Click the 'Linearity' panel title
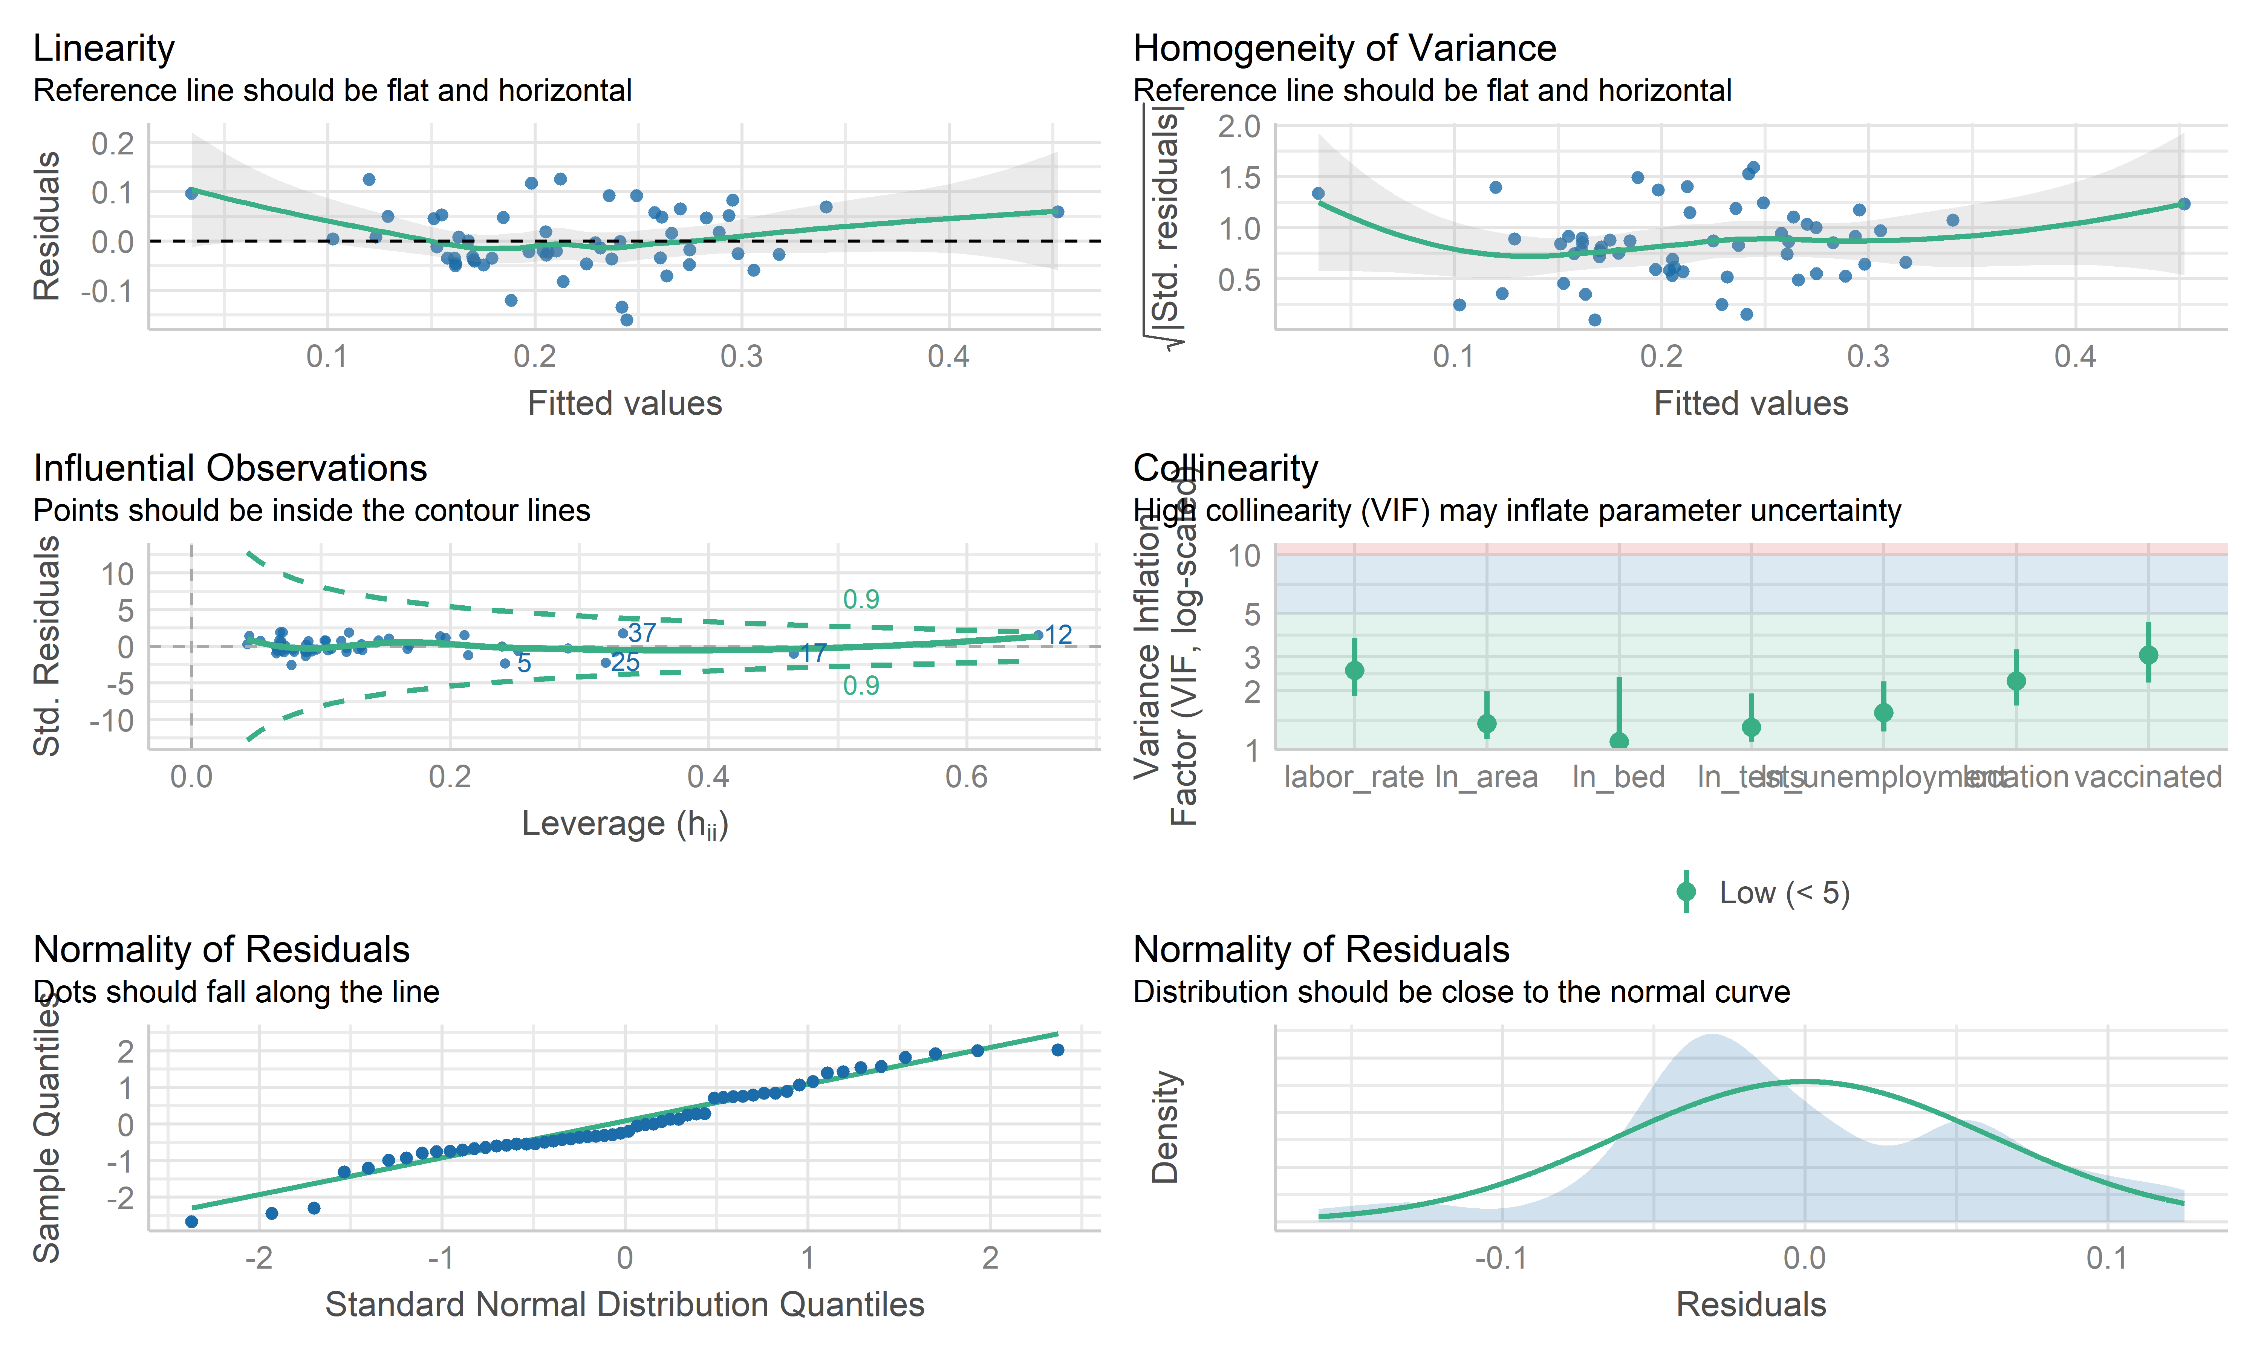pos(103,49)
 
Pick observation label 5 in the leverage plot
pos(524,663)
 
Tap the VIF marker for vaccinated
pos(2149,655)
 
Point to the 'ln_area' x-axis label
pos(1486,777)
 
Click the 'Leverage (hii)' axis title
pos(624,824)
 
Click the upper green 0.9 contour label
pos(861,599)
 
